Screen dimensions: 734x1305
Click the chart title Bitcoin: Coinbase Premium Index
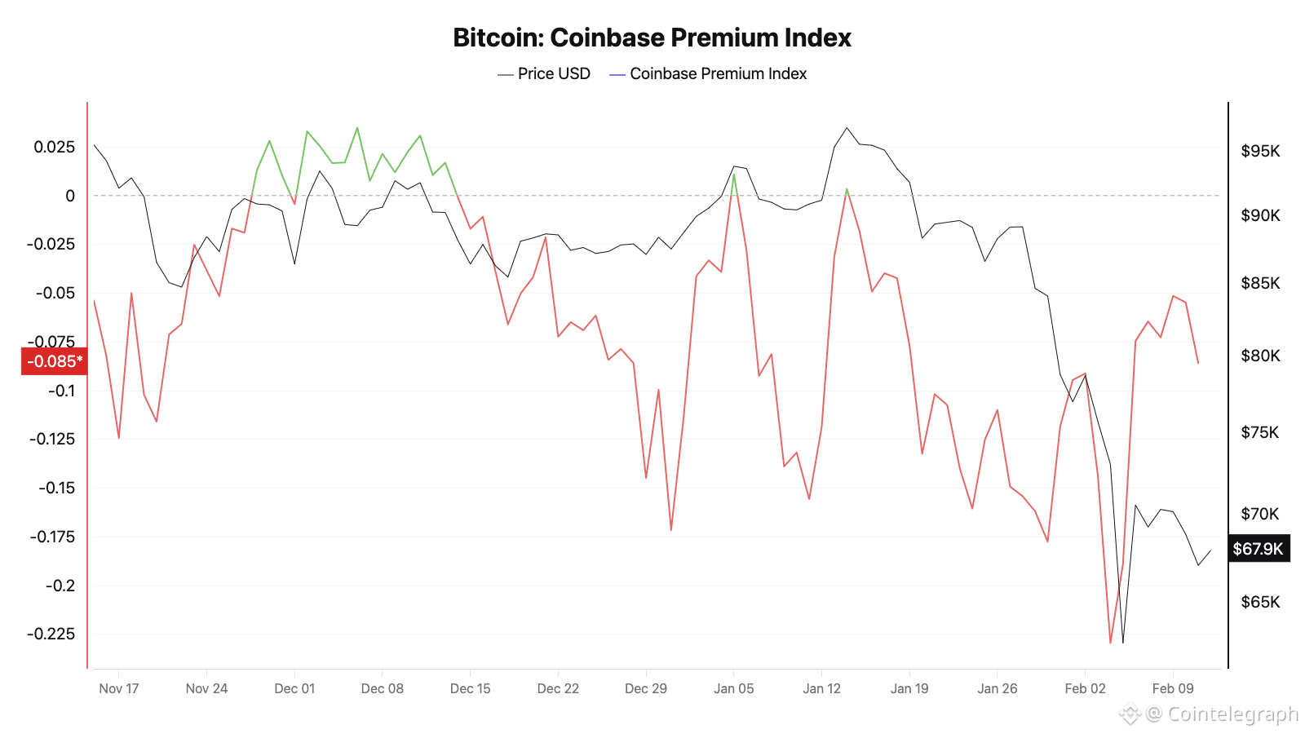tap(652, 38)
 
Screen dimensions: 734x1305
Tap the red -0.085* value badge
tap(55, 361)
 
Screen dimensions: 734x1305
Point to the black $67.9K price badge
tap(1258, 549)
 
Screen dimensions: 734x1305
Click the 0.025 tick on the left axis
tap(54, 147)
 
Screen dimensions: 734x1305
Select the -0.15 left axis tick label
tap(56, 488)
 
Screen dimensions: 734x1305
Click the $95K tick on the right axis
tap(1260, 151)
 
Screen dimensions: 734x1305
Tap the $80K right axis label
tap(1260, 356)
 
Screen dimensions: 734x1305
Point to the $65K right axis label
tap(1260, 602)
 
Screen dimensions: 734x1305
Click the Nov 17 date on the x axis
tap(119, 688)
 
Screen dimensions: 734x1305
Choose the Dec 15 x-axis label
tap(471, 688)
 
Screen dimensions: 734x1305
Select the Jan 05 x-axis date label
tap(734, 688)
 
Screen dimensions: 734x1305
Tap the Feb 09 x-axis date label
tap(1173, 688)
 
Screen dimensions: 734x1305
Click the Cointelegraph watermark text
tap(1232, 714)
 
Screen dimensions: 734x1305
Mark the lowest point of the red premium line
tap(1110, 643)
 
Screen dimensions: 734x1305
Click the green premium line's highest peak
tap(357, 127)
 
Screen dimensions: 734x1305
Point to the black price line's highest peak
tap(847, 128)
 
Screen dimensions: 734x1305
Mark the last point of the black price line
tap(1210, 550)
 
